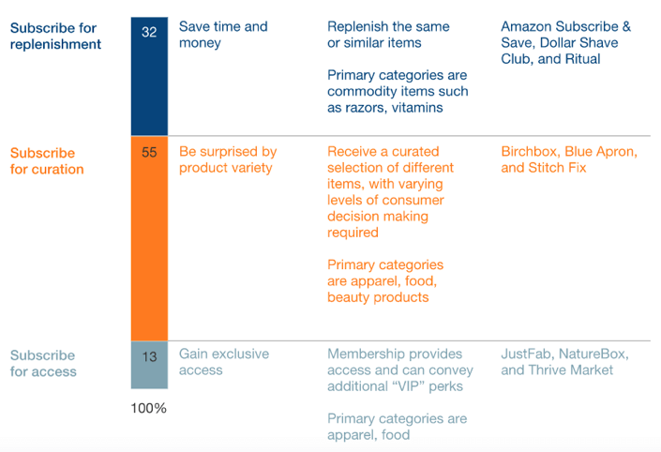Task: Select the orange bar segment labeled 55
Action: (149, 238)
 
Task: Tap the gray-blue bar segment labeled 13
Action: (149, 365)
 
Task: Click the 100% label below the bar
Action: (148, 408)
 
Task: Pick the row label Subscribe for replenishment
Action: (55, 36)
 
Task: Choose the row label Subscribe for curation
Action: (47, 161)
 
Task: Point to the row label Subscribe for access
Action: (43, 363)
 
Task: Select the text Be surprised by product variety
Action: (228, 159)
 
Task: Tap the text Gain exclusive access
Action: (224, 362)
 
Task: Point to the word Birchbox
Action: (532, 152)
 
